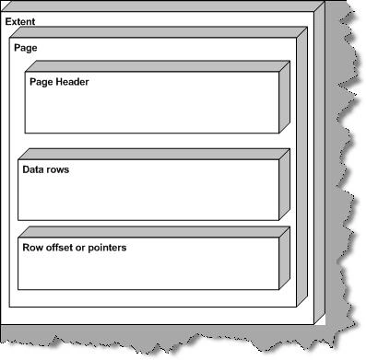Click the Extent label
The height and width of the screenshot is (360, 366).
(x=20, y=21)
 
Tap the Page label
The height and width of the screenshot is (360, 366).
(x=26, y=48)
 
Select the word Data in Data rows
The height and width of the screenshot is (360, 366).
(x=30, y=169)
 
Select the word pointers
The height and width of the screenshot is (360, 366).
(x=107, y=248)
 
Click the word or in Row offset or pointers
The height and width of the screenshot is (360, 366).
(x=80, y=249)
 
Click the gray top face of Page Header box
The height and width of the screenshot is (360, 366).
(x=158, y=66)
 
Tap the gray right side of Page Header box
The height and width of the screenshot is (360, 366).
(x=285, y=97)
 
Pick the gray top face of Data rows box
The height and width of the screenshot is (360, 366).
(x=154, y=154)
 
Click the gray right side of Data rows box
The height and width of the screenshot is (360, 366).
(x=285, y=184)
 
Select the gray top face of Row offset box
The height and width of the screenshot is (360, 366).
(x=154, y=232)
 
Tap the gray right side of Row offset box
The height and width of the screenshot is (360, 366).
(x=285, y=258)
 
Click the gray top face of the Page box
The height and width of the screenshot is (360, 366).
(x=159, y=32)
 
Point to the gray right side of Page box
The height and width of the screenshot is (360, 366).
(x=302, y=167)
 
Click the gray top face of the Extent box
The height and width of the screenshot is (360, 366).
(x=163, y=6)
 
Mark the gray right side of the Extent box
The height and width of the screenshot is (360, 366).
(x=320, y=163)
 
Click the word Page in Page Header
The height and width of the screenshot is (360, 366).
(x=41, y=82)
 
